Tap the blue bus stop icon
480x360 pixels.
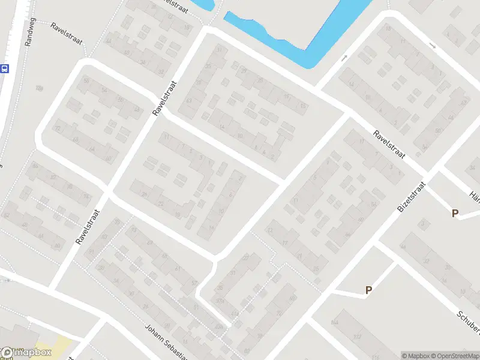[x=4, y=68]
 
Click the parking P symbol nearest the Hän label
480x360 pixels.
[x=455, y=213]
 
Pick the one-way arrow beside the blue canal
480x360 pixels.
[x=344, y=58]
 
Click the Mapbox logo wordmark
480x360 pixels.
[x=25, y=352]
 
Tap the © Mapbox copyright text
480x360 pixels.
[x=415, y=355]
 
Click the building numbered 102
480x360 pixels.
[x=358, y=337]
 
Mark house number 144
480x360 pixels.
[x=334, y=323]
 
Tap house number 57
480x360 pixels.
[x=194, y=283]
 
